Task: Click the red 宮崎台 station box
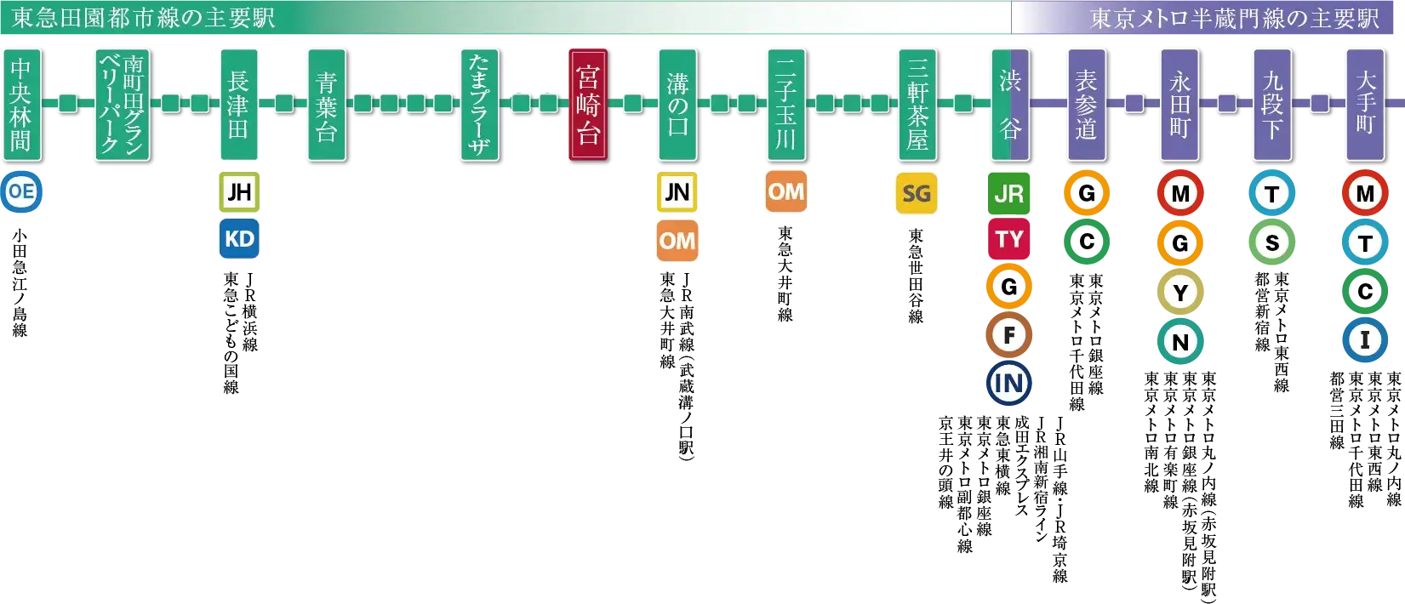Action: [x=587, y=105]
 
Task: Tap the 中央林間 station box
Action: [x=21, y=105]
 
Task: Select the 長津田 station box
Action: [x=238, y=105]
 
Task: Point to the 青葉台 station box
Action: [x=326, y=105]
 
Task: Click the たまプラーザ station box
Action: [x=478, y=105]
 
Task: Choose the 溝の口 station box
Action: [x=677, y=105]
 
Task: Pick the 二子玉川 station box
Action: [x=785, y=105]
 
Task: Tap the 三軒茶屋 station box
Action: [x=917, y=105]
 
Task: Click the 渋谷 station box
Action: [x=1010, y=105]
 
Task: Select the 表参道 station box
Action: [x=1087, y=105]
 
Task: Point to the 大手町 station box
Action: [x=1365, y=105]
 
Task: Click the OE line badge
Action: [x=21, y=191]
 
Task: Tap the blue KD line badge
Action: [x=239, y=239]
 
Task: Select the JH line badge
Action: [x=239, y=191]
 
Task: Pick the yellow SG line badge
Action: [x=917, y=193]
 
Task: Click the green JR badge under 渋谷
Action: [x=1009, y=194]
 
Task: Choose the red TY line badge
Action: [x=1009, y=240]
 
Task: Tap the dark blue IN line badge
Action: [x=1009, y=383]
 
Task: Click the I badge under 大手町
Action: [x=1365, y=340]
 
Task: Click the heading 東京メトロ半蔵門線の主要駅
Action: [x=1234, y=19]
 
